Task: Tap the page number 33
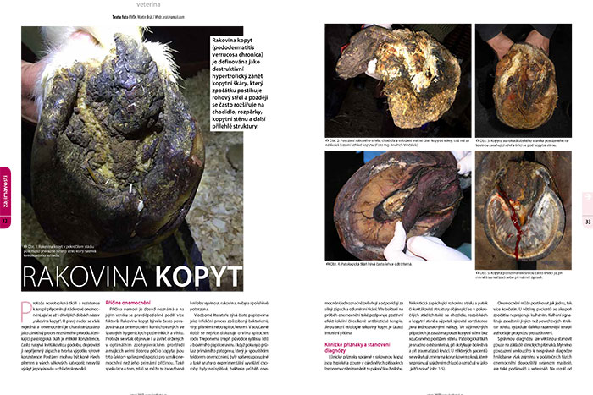(x=587, y=222)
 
